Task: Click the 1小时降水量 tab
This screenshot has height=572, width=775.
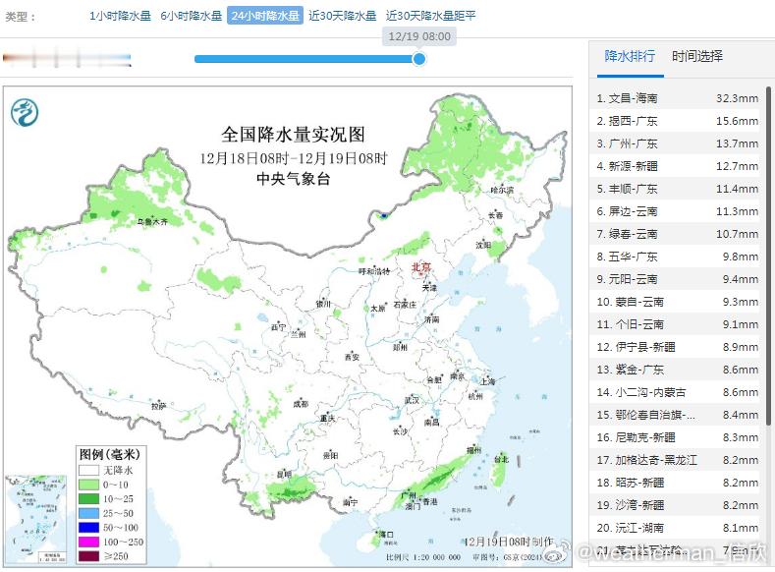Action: coord(121,16)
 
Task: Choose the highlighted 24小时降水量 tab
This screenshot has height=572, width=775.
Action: coord(265,16)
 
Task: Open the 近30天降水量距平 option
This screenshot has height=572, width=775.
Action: coord(430,16)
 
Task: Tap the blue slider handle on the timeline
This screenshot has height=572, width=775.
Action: coord(419,59)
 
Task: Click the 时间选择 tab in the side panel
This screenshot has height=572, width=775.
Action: coord(697,56)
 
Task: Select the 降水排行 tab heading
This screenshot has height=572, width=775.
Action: coord(630,56)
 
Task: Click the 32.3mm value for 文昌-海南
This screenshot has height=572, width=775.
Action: coord(737,98)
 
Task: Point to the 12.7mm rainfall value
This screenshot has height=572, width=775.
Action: coord(737,166)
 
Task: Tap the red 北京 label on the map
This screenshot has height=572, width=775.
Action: coord(419,266)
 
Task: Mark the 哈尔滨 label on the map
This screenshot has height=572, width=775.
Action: coord(502,189)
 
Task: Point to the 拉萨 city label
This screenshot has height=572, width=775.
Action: coord(157,406)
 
